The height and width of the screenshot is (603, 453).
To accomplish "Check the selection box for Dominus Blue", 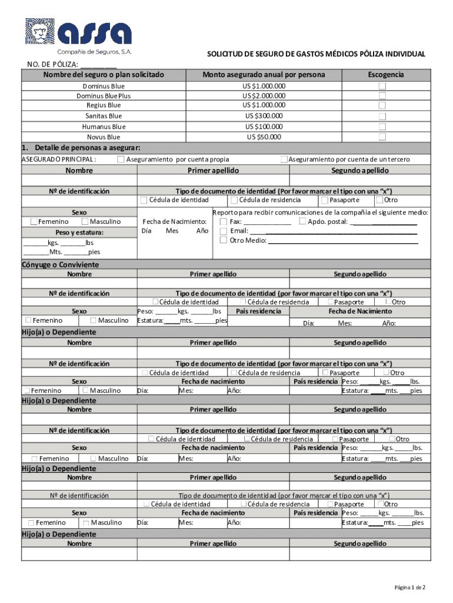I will click(x=382, y=87).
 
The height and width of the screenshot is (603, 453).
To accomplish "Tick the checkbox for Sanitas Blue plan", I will click(x=382, y=116).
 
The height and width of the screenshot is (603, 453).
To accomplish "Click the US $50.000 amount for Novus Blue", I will click(x=264, y=137).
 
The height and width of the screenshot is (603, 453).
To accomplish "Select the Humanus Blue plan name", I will click(x=104, y=127).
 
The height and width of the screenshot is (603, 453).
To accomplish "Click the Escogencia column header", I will click(x=385, y=75).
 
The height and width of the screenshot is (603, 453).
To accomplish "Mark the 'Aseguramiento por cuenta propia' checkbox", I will click(x=121, y=160).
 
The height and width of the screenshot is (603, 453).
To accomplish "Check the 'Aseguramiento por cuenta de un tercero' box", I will click(x=284, y=160).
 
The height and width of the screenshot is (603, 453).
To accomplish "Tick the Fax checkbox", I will click(x=224, y=222).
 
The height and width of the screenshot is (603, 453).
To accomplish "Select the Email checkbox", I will click(x=224, y=231).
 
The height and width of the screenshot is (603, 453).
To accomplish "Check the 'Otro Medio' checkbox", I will click(x=224, y=240).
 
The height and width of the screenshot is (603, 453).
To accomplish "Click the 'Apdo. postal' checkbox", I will click(x=302, y=222).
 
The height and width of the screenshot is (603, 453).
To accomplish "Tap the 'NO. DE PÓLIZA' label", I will click(x=52, y=65).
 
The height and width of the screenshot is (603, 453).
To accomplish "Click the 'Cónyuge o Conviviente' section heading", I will click(x=60, y=265).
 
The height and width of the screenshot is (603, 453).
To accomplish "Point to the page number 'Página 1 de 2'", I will click(x=409, y=588).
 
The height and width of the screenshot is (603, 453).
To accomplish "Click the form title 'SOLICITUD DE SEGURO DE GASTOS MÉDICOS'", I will click(x=316, y=54).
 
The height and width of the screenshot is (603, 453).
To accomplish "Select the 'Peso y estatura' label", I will click(x=79, y=233).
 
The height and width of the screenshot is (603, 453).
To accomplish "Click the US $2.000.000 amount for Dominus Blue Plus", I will click(x=264, y=96).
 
